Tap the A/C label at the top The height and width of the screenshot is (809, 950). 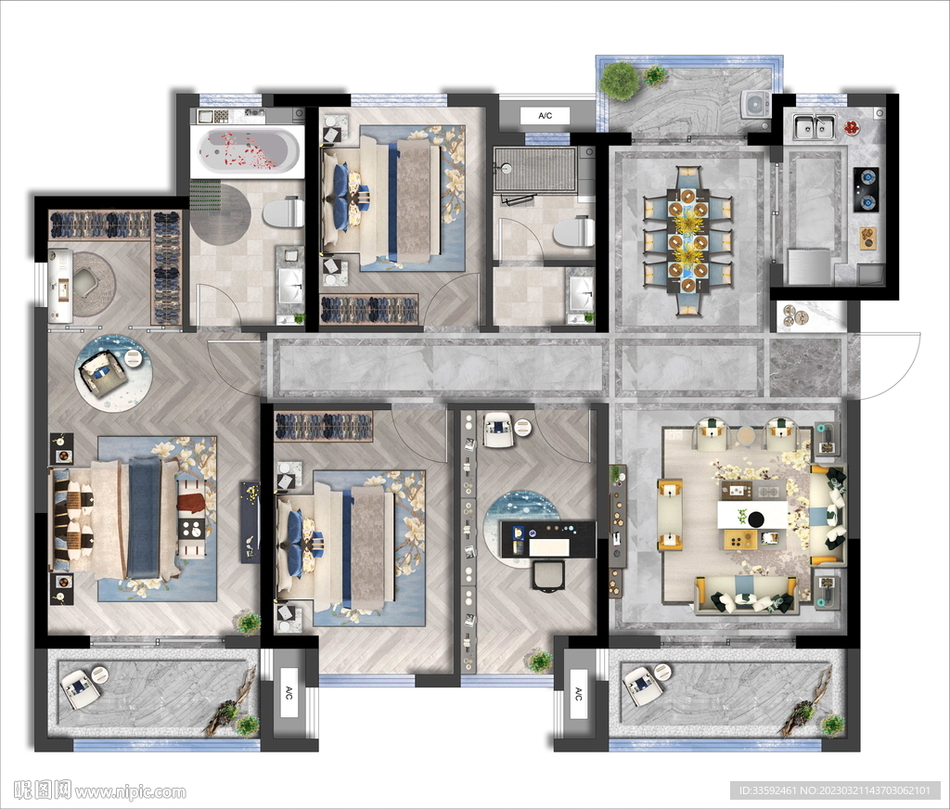[x=546, y=116]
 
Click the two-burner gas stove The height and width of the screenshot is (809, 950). [x=867, y=189]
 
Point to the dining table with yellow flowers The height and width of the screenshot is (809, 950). [x=687, y=240]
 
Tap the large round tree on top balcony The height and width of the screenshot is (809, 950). [x=620, y=80]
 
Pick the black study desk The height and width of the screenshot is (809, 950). [x=547, y=538]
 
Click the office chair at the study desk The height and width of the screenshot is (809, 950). [x=548, y=574]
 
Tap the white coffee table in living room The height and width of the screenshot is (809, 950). [x=751, y=515]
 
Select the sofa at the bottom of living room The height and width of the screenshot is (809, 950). [x=745, y=596]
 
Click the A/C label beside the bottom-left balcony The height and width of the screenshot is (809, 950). [x=289, y=692]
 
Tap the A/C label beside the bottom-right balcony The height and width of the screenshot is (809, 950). [x=578, y=694]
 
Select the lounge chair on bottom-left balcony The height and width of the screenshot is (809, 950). [x=79, y=689]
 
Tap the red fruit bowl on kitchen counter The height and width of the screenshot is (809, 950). [x=852, y=127]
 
